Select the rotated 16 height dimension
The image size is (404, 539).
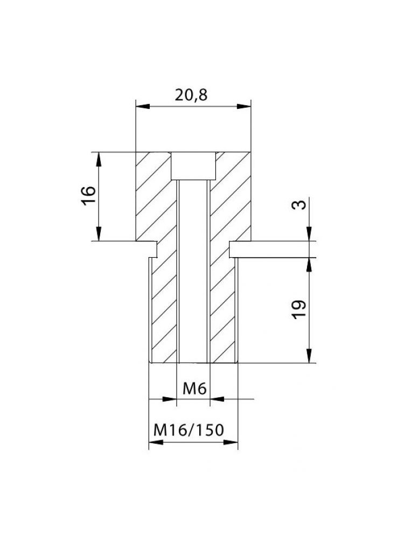pos(90,194)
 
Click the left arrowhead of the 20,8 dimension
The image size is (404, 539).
pos(141,106)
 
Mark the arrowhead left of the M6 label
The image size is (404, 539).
pos(171,399)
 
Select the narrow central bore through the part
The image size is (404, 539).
pos(193,269)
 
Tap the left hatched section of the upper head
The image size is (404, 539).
pos(153,194)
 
